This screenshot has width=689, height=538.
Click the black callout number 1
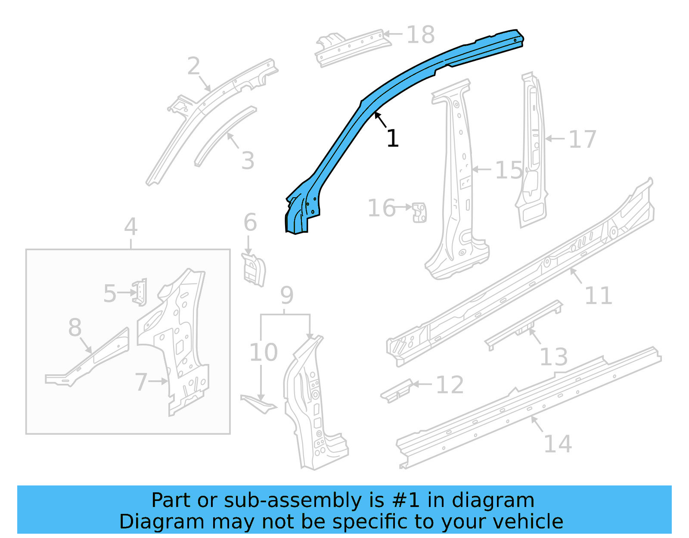392,139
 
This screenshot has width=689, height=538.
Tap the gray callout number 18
420,34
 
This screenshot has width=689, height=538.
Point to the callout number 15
509,171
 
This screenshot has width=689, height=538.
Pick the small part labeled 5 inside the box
140,292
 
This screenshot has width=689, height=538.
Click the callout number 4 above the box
130,227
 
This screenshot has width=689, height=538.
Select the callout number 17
582,140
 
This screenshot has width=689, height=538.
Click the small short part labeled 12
396,391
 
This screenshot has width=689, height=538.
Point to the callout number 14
558,444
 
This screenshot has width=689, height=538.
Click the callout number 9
287,295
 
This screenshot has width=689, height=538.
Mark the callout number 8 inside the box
75,327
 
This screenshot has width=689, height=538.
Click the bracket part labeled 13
523,325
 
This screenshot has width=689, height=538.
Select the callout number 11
598,296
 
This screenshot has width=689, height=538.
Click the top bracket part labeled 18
351,47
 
